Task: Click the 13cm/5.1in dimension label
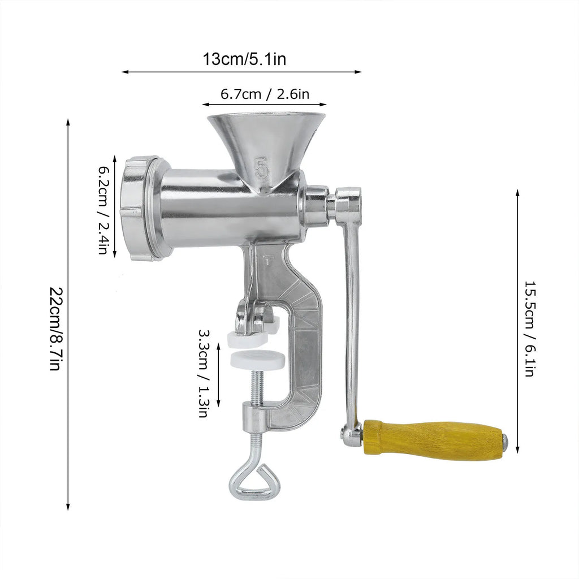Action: [x=244, y=59]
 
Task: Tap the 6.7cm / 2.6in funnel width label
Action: [x=265, y=94]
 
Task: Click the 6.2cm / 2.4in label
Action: [x=103, y=210]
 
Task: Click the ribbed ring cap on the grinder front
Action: [x=137, y=209]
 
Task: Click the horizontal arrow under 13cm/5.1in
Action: [x=241, y=72]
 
